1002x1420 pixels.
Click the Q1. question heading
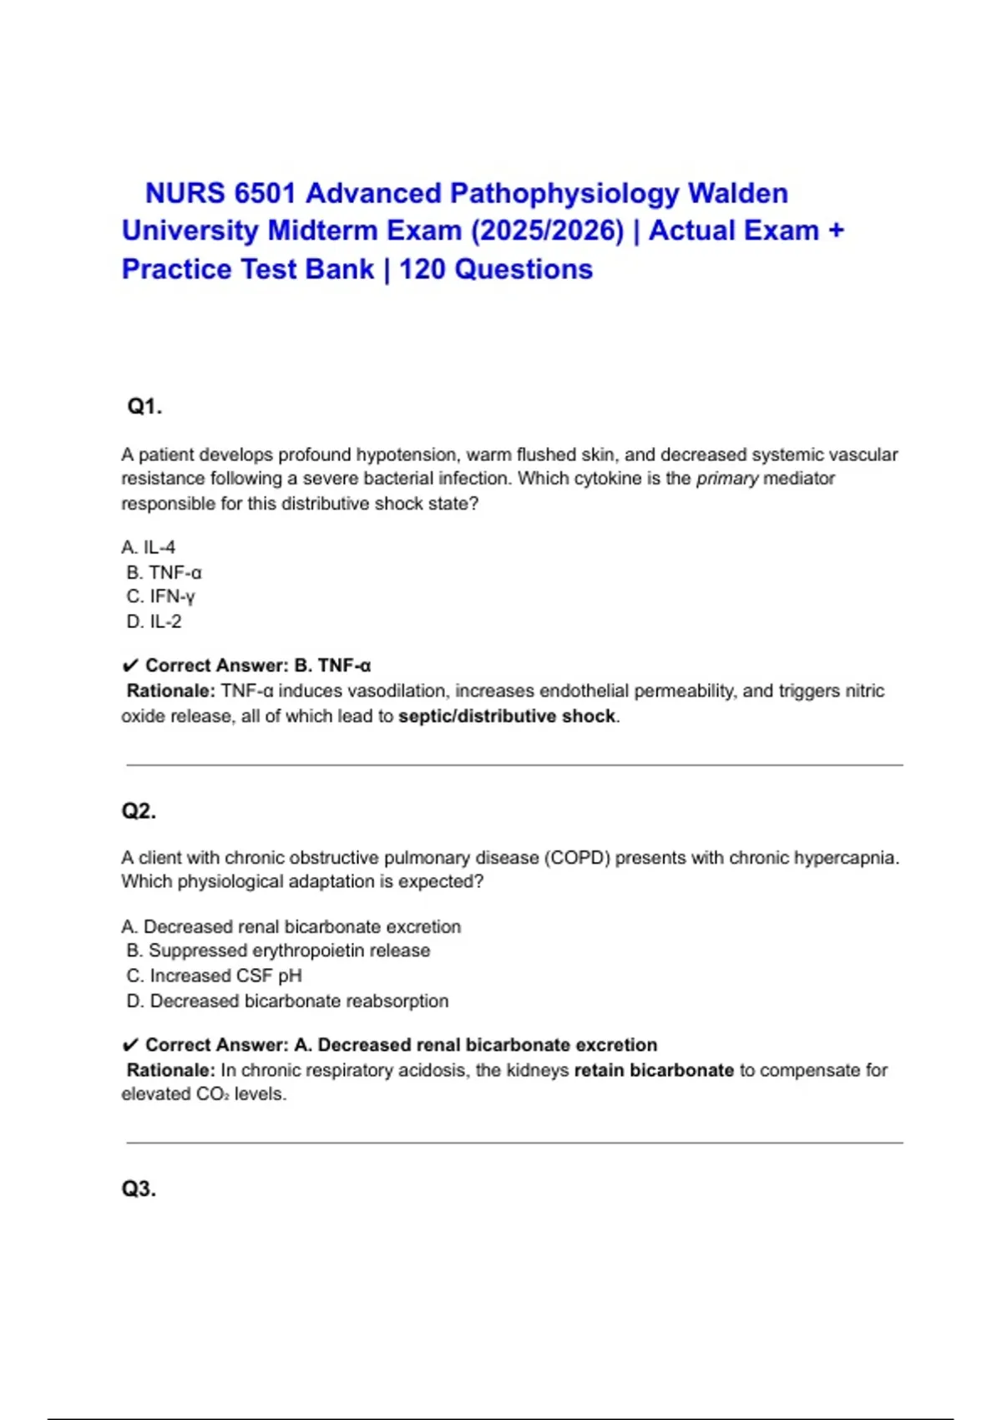[144, 407]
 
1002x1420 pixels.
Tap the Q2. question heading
[139, 811]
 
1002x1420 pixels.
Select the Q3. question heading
[139, 1189]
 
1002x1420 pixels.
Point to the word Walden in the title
[737, 194]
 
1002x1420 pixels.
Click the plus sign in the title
[836, 231]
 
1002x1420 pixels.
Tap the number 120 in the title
[423, 270]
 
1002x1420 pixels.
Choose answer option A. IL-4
[149, 548]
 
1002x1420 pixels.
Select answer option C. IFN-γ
[160, 596]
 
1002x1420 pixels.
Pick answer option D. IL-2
[154, 621]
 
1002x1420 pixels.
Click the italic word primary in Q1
[727, 479]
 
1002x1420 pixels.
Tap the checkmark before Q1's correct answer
[129, 667]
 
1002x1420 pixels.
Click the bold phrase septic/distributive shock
[507, 717]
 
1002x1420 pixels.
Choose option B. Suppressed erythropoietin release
[278, 951]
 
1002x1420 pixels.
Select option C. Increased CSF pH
[214, 976]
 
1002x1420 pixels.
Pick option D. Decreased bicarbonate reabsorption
[287, 1001]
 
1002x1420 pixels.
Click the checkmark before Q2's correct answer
[129, 1046]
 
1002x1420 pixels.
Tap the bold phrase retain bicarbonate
[654, 1070]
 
